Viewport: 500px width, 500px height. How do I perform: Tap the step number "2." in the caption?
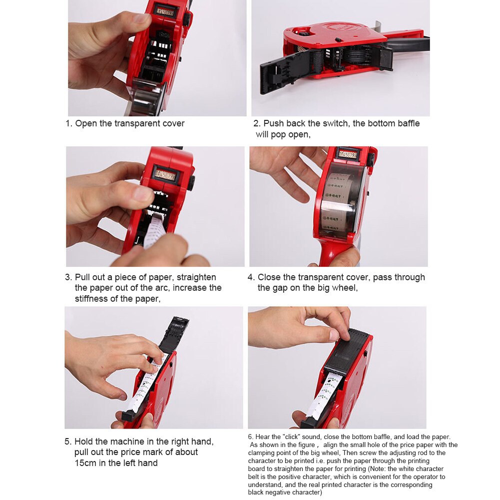pos(257,123)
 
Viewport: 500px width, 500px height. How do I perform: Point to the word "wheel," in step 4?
pos(344,288)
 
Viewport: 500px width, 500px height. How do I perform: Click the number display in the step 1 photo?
pos(164,10)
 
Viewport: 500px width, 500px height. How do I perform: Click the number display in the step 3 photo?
pos(165,175)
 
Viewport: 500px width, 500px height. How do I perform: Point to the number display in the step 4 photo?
pos(348,154)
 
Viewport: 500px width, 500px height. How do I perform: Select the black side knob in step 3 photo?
pos(191,180)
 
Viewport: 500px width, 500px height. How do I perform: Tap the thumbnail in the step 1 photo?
pos(141,18)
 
